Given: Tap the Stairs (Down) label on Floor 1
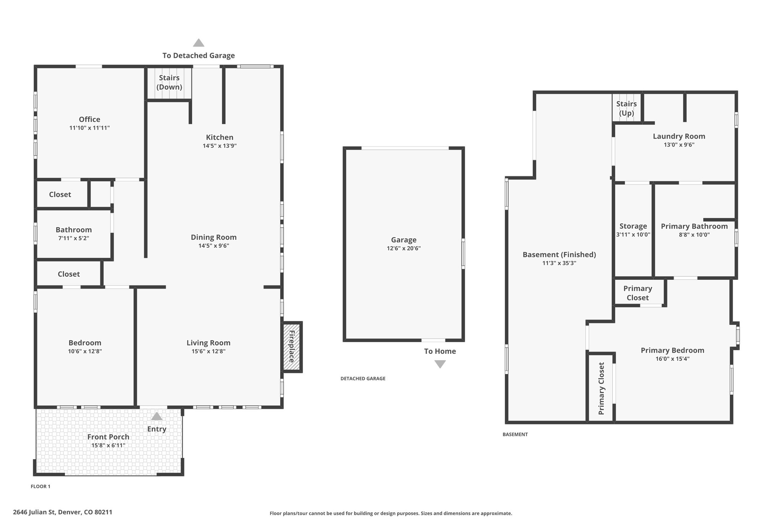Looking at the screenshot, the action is pyautogui.click(x=169, y=82).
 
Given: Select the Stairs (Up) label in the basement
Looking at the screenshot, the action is pyautogui.click(x=627, y=108).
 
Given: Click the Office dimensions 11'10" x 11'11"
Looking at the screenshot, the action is pyautogui.click(x=90, y=128).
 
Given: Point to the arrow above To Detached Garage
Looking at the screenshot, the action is pyautogui.click(x=199, y=43).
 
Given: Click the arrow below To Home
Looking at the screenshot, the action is pyautogui.click(x=440, y=364).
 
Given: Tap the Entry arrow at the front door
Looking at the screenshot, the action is pyautogui.click(x=157, y=416).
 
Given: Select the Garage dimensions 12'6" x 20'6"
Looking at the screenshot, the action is pyautogui.click(x=404, y=248).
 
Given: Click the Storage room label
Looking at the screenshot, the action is pyautogui.click(x=633, y=226).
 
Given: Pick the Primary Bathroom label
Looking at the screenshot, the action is pyautogui.click(x=694, y=226).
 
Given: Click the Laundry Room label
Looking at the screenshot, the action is pyautogui.click(x=679, y=136).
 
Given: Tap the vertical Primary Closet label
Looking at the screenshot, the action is pyautogui.click(x=601, y=389).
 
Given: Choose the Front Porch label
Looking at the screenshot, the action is pyautogui.click(x=108, y=437).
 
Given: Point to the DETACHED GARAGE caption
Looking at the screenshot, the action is pyautogui.click(x=363, y=379).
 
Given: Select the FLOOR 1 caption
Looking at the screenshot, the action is pyautogui.click(x=40, y=486).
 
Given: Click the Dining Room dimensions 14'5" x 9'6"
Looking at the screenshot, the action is pyautogui.click(x=213, y=246).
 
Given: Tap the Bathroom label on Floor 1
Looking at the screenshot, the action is pyautogui.click(x=74, y=230).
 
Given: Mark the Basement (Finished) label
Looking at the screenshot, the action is pyautogui.click(x=559, y=255).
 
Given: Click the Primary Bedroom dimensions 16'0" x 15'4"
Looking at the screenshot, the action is pyautogui.click(x=672, y=359).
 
